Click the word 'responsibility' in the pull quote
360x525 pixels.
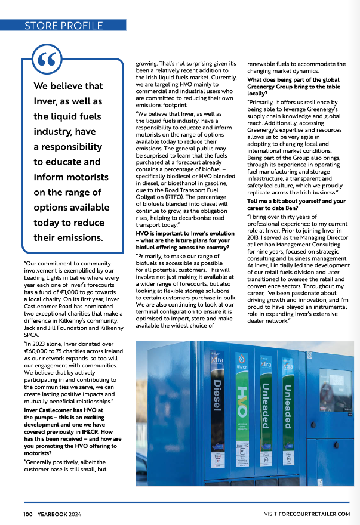pos(68,146)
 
